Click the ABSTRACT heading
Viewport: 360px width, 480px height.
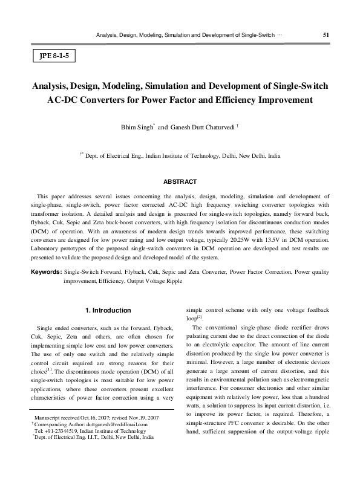point(180,182)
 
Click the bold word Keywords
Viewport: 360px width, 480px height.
point(47,273)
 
